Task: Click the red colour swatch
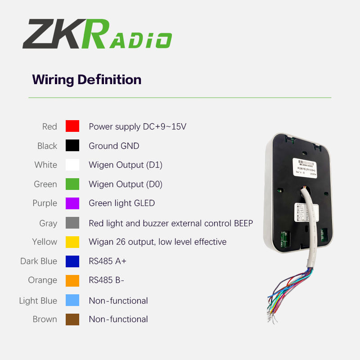click(72, 126)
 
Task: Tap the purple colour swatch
click(72, 203)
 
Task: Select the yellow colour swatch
click(72, 242)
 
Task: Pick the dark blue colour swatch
click(72, 261)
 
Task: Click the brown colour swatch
click(72, 319)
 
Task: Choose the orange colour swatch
click(72, 280)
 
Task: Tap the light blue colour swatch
click(72, 300)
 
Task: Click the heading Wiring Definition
click(86, 80)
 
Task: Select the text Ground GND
click(114, 146)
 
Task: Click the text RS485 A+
click(108, 261)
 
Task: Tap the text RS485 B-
click(106, 280)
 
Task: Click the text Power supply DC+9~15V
click(137, 126)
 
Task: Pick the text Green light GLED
click(121, 203)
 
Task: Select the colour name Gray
click(48, 223)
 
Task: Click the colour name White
click(46, 165)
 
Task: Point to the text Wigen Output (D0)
click(126, 184)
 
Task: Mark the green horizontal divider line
click(180, 98)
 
